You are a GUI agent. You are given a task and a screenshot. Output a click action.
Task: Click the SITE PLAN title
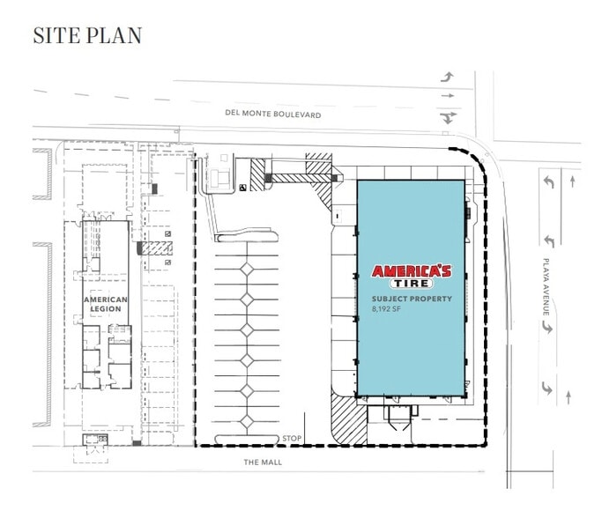tap(87, 36)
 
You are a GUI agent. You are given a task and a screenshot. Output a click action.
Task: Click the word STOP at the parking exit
tap(291, 438)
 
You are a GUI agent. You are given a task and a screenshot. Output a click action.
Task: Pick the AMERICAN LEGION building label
tap(106, 304)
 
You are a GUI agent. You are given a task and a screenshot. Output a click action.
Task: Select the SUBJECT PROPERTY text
tap(412, 300)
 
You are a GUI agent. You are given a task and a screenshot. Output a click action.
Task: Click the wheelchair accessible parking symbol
tap(243, 187)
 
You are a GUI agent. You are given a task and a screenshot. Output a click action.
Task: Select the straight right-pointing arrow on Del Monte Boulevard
tap(450, 96)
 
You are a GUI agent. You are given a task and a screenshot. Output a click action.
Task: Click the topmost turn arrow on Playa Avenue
tap(548, 182)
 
